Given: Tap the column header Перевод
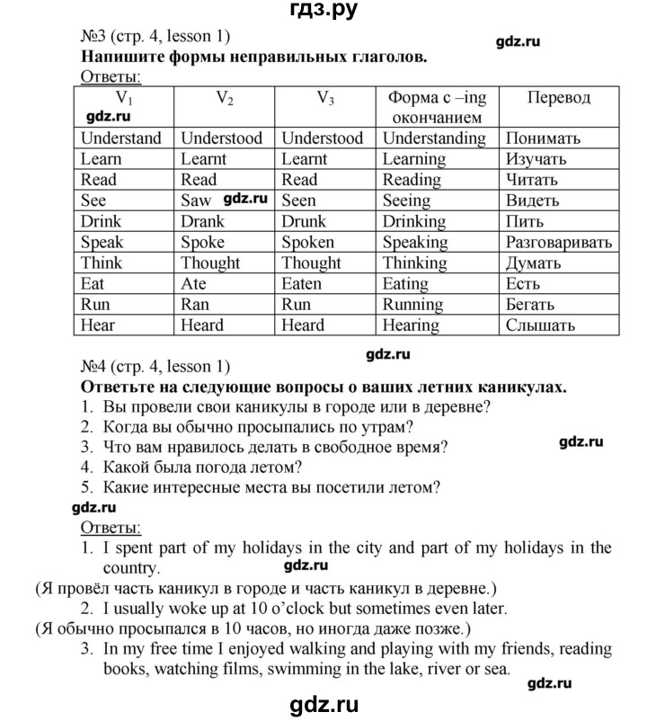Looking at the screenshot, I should (558, 97).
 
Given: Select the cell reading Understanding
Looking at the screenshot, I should (434, 138).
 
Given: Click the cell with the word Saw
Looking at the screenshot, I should (195, 200).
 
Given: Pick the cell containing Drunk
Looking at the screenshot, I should (304, 221).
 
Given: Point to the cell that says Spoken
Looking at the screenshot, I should (307, 242).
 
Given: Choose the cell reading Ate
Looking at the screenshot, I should (193, 283).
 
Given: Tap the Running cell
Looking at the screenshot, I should (416, 304).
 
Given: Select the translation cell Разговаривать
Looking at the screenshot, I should (559, 242).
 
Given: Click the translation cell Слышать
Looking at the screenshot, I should (540, 325).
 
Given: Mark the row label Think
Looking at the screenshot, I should (101, 263).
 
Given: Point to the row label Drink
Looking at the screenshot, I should (101, 221).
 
